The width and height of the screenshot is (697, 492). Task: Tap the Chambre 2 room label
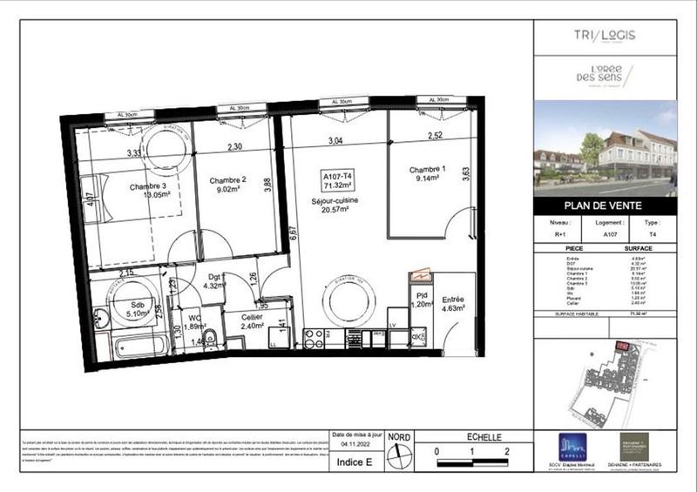click(227, 180)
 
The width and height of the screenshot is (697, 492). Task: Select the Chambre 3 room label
click(151, 186)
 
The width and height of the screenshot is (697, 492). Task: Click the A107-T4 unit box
click(336, 180)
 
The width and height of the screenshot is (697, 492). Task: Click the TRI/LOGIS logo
click(606, 36)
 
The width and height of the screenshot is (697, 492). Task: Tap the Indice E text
click(354, 462)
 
